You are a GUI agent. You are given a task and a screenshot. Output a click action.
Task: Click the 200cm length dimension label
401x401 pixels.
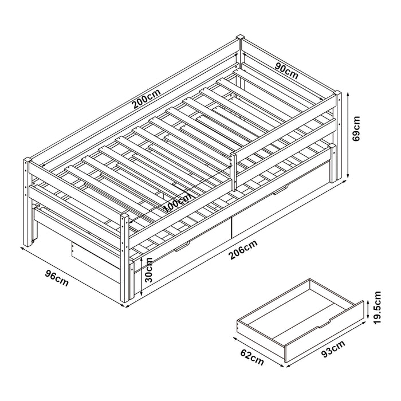[x=145, y=101]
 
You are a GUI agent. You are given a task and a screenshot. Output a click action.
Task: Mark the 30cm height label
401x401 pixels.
[x=148, y=268]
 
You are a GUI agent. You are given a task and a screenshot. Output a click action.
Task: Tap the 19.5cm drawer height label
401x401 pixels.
[x=377, y=308]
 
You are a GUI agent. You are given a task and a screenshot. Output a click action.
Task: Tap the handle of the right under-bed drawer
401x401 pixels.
[x=280, y=190]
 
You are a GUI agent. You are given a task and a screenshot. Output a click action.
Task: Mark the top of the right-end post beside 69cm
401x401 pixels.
[x=340, y=94]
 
